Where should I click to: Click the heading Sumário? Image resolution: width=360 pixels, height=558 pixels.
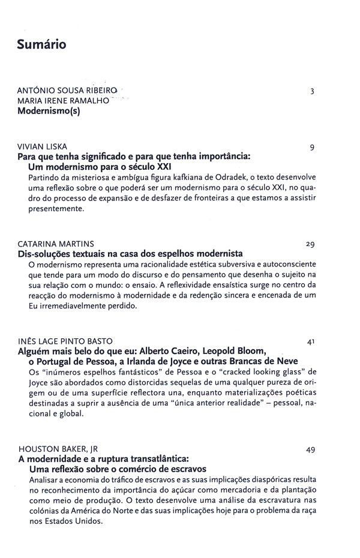[41, 44]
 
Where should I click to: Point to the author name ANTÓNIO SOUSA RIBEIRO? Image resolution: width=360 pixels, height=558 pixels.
[68, 91]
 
